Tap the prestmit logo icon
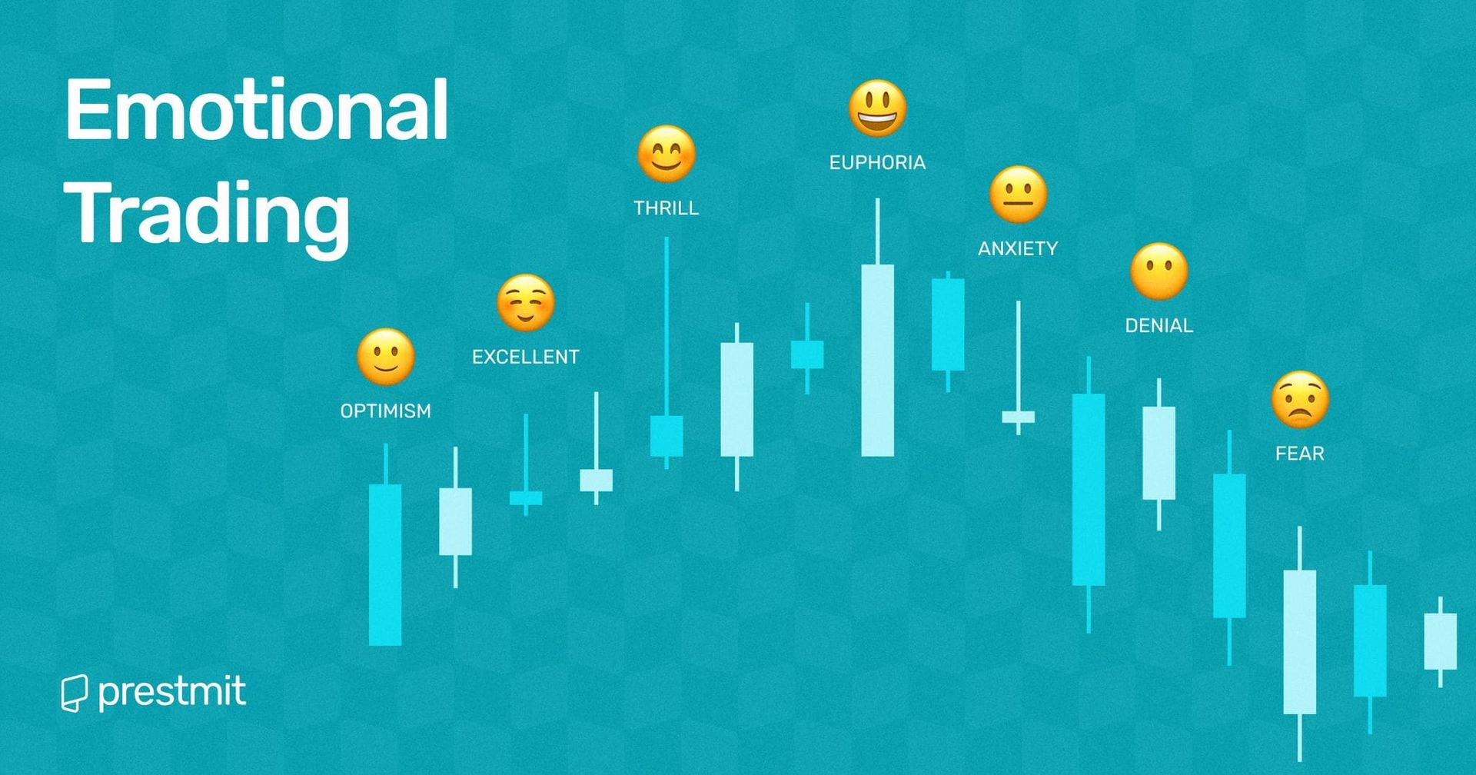[74, 694]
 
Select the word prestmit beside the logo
[172, 692]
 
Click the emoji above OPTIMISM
[386, 358]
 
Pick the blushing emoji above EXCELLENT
[526, 303]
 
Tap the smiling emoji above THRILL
[667, 154]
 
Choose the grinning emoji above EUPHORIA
[877, 108]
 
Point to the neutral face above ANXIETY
[1018, 195]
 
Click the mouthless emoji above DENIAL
[1159, 271]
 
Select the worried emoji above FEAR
[1300, 400]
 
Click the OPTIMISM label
[386, 411]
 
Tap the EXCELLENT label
[526, 357]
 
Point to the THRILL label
[667, 208]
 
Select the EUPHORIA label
[877, 163]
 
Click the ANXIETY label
[1018, 249]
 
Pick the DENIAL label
[1159, 326]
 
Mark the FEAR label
[1300, 454]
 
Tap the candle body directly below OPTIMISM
[385, 564]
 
